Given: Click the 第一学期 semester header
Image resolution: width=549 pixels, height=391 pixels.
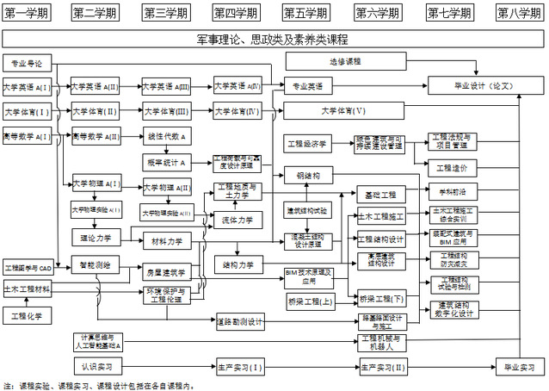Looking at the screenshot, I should (27, 12).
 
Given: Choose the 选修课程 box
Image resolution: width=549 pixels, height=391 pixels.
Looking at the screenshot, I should (345, 62).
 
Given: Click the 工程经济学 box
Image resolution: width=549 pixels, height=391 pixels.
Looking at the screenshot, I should (306, 143).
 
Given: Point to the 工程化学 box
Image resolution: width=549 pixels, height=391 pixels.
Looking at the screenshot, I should (27, 316).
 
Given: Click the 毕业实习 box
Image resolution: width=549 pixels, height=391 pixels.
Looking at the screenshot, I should (520, 368).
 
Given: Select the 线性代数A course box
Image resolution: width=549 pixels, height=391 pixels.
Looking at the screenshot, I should (167, 137).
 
